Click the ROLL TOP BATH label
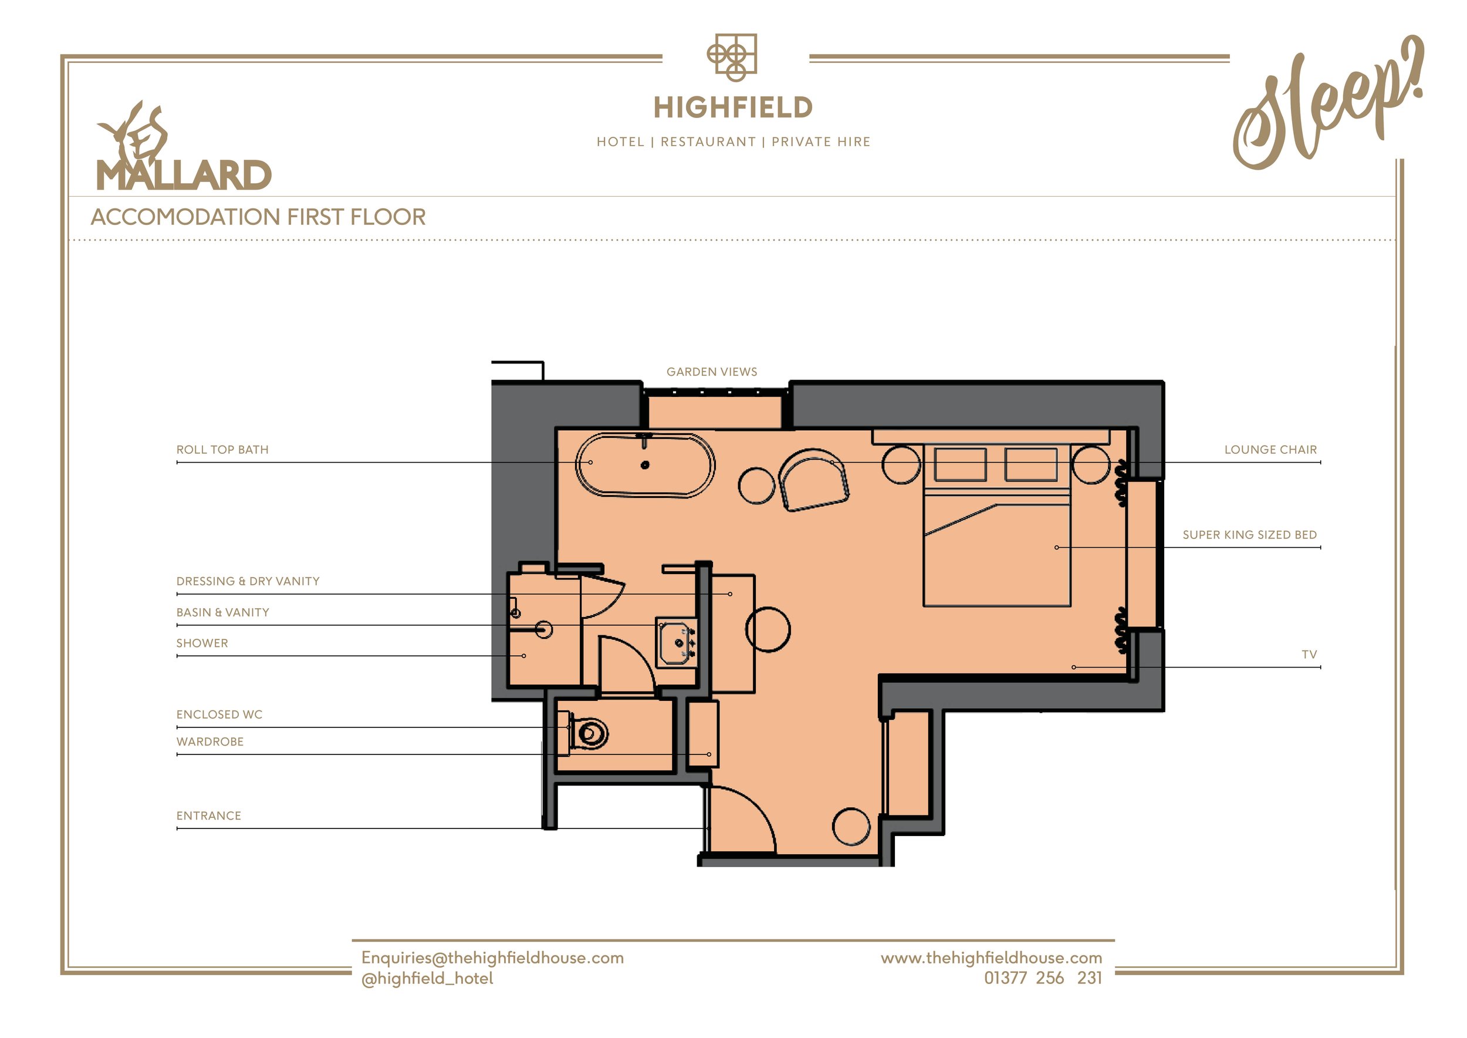[222, 450]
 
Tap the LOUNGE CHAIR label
[1270, 450]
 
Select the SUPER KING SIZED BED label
[1250, 535]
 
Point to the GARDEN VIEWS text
[712, 372]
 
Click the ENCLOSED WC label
[219, 715]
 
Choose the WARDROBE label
[210, 742]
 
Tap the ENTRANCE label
[209, 816]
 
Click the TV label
[1309, 655]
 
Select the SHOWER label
[202, 643]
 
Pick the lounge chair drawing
[813, 480]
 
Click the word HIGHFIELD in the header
[733, 108]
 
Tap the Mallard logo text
[184, 175]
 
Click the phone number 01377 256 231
[1043, 978]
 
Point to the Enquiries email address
[493, 958]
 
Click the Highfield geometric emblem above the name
[732, 58]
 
